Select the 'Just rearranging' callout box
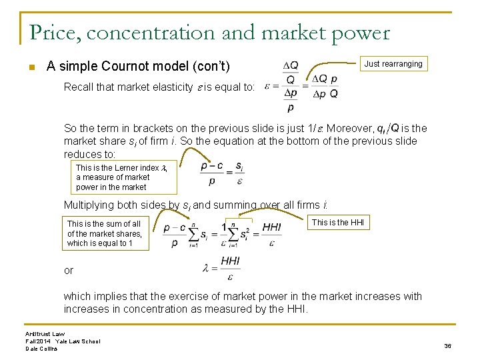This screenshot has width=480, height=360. coord(393,64)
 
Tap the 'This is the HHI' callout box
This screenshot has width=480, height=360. coord(338,223)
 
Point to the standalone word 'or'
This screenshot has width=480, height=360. coord(69,270)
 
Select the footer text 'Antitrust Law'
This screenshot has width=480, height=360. coord(44,333)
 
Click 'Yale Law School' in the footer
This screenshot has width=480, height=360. coord(78,341)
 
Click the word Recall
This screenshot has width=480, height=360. coord(78,87)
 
